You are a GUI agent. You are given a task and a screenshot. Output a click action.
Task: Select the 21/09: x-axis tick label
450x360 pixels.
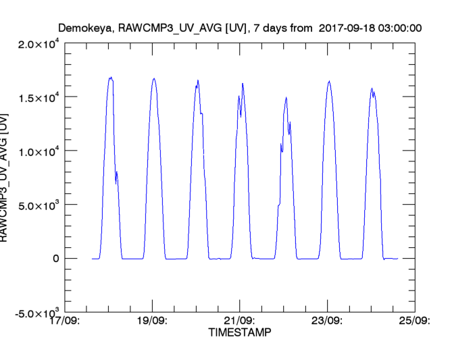point(240,320)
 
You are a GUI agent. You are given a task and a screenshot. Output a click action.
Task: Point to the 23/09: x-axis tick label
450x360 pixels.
point(327,320)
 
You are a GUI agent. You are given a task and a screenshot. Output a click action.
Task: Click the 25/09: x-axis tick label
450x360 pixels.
point(413,320)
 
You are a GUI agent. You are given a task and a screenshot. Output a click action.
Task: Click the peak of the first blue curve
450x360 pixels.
point(111,78)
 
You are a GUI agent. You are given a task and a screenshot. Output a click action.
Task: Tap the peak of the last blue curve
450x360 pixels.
point(372,88)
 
